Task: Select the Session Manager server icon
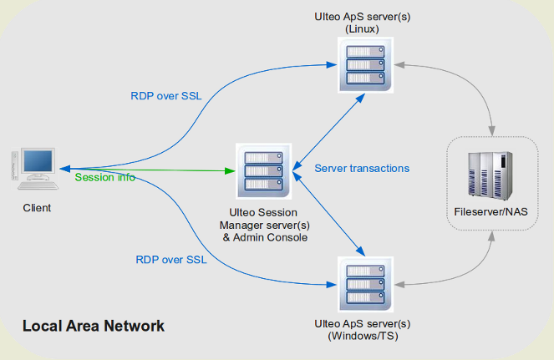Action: coord(259,170)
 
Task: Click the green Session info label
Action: coord(104,177)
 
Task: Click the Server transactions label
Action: coord(362,168)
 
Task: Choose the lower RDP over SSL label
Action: coord(170,259)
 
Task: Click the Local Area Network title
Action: coord(93,326)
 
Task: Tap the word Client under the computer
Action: coord(37,208)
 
